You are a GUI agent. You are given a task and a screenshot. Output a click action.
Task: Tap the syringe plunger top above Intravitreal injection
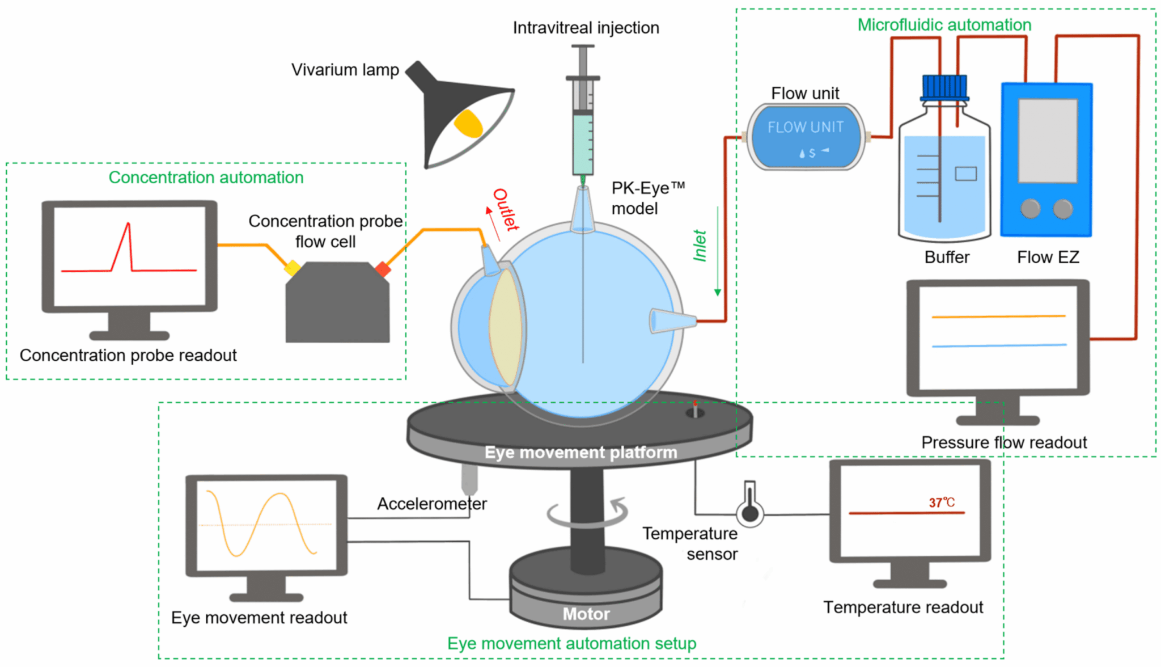click(582, 48)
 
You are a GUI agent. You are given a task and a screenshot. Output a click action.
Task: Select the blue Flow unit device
click(806, 137)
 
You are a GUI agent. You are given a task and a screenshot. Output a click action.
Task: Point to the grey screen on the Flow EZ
click(1048, 141)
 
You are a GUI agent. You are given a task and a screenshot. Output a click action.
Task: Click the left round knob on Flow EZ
click(1030, 209)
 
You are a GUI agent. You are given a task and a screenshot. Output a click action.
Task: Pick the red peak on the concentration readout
click(128, 227)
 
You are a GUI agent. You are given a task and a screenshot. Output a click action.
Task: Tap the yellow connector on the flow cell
click(293, 268)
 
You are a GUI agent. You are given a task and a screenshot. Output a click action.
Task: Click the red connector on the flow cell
click(383, 269)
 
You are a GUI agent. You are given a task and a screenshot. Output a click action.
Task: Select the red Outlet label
click(505, 209)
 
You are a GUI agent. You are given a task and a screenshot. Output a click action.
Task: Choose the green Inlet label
click(700, 246)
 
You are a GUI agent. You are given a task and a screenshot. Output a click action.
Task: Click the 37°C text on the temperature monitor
click(941, 503)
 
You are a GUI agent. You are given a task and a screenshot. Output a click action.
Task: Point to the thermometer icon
click(750, 505)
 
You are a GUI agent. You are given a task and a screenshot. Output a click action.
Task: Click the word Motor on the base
click(586, 614)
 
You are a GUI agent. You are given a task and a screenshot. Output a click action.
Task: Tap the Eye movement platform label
click(580, 453)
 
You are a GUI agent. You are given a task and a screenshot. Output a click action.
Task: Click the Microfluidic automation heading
click(944, 25)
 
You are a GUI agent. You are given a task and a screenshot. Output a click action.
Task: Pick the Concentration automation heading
click(206, 178)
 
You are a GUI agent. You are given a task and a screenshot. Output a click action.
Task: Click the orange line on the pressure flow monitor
click(998, 316)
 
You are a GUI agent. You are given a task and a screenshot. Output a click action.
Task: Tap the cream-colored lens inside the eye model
click(505, 328)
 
